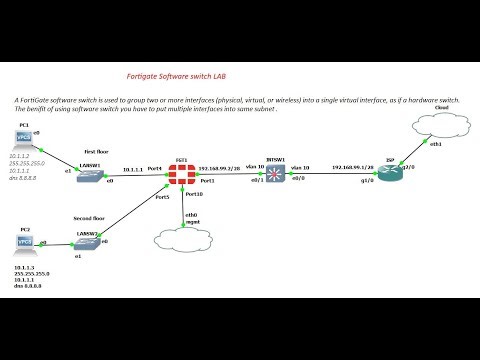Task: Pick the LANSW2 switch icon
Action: (87, 239)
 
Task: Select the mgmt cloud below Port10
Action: (179, 239)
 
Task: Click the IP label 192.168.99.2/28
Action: (219, 168)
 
